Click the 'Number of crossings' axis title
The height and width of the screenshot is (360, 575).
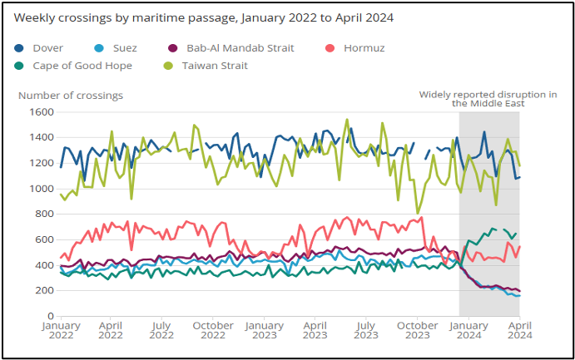tap(71, 95)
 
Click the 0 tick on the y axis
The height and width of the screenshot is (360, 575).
tap(50, 317)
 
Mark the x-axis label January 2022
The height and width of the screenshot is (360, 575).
tap(61, 331)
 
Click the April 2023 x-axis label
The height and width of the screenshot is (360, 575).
tap(315, 331)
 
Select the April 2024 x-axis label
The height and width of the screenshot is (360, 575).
tap(519, 331)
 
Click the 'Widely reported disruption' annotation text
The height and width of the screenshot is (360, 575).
tap(488, 99)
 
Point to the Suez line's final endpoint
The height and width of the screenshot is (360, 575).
tap(519, 296)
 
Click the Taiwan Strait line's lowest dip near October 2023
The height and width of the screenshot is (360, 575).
tap(418, 213)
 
